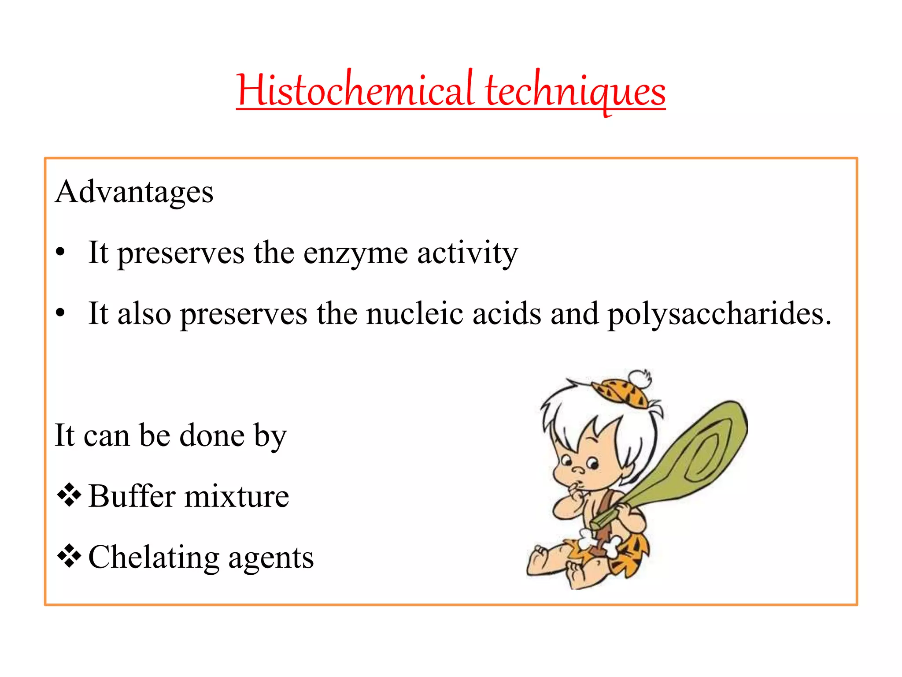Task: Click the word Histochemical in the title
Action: [355, 90]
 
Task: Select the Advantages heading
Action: [134, 193]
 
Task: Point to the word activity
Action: [467, 254]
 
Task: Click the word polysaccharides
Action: [719, 315]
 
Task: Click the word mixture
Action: [237, 496]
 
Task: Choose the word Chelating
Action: [154, 558]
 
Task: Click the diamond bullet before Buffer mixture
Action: [69, 495]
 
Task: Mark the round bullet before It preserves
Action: [61, 253]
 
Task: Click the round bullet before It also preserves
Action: [61, 313]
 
